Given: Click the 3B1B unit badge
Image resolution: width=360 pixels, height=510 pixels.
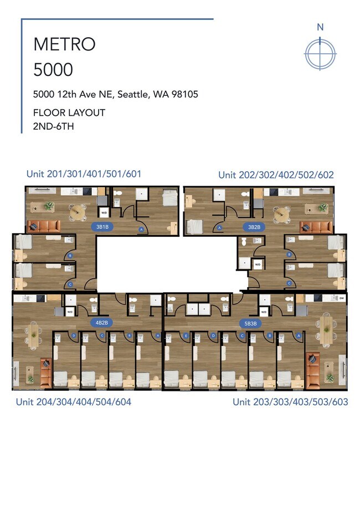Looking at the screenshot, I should pyautogui.click(x=101, y=227).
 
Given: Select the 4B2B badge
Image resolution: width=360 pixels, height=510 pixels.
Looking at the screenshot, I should pyautogui.click(x=101, y=322).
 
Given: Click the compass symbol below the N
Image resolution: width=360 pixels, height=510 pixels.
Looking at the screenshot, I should pyautogui.click(x=320, y=53).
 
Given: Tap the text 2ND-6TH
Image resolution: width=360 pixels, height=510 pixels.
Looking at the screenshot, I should pyautogui.click(x=54, y=126).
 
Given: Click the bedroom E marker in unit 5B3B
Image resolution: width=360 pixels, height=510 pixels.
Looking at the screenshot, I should pyautogui.click(x=186, y=335).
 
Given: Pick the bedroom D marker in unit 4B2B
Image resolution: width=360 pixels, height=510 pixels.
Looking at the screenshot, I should pyautogui.click(x=74, y=335).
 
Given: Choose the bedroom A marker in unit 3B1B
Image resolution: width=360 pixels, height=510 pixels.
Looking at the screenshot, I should pyautogui.click(x=141, y=228).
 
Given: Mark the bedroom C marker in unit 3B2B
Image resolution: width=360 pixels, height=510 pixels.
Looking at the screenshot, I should pyautogui.click(x=289, y=283).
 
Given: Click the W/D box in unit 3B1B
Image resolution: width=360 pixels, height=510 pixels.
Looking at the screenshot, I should pyautogui.click(x=104, y=212).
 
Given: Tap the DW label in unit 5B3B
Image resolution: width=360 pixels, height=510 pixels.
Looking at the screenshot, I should pyautogui.click(x=341, y=298).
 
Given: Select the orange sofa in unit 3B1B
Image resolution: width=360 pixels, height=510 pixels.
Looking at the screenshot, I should pyautogui.click(x=44, y=226).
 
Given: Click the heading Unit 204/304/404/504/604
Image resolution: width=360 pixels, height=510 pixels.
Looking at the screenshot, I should pyautogui.click(x=73, y=402).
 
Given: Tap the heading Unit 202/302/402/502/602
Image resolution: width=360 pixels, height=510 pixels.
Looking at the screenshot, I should pyautogui.click(x=276, y=175).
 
